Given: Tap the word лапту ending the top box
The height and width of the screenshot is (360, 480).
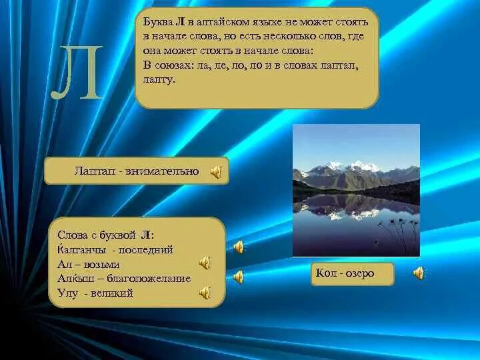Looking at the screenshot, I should pyautogui.click(x=158, y=80).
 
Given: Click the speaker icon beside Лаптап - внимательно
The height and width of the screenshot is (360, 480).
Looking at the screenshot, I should pyautogui.click(x=216, y=172).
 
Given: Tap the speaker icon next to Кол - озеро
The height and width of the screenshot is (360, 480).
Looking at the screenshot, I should pyautogui.click(x=419, y=273).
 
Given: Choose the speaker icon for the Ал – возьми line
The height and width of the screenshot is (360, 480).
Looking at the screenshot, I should pyautogui.click(x=205, y=263).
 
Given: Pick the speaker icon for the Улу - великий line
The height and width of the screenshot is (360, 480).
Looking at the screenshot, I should pyautogui.click(x=205, y=292).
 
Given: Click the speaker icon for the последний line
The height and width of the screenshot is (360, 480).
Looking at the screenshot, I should pyautogui.click(x=238, y=247).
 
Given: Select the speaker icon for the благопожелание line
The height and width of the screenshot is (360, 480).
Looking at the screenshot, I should pyautogui.click(x=238, y=277).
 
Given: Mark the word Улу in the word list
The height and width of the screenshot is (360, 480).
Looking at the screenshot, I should pyautogui.click(x=67, y=293).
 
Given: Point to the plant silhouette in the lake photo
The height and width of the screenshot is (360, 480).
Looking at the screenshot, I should pyautogui.click(x=399, y=233).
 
